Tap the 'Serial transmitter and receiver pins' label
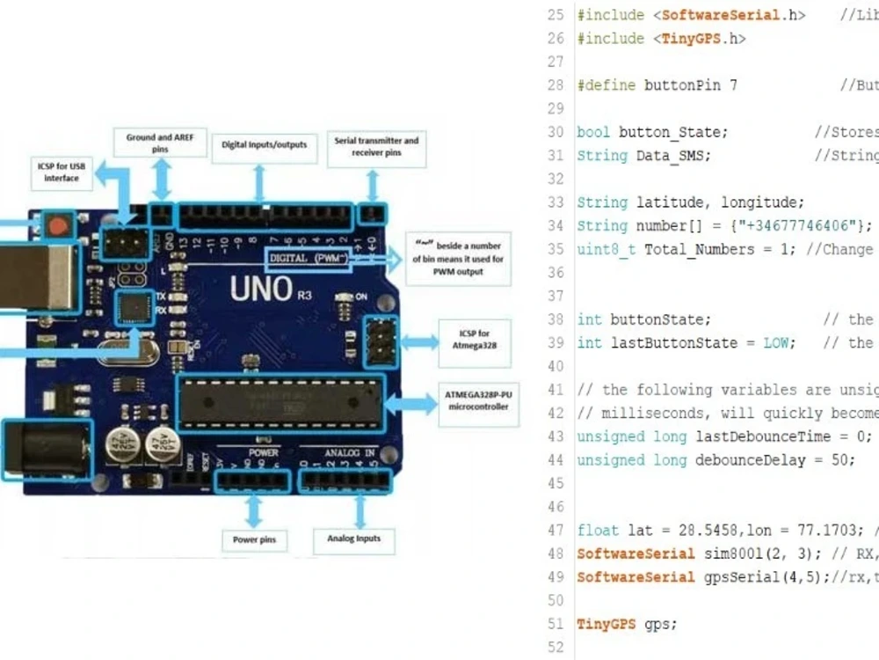click(x=376, y=147)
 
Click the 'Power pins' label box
click(x=255, y=539)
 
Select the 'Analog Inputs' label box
click(x=354, y=539)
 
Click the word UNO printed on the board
click(x=262, y=289)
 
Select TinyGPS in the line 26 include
click(x=689, y=39)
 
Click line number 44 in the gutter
click(x=555, y=460)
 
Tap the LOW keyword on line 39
click(x=776, y=343)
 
